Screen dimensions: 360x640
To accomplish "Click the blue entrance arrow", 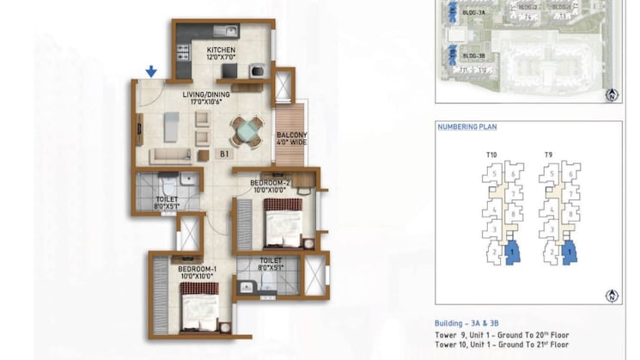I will click(x=151, y=71).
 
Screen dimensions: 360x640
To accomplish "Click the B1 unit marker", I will click(x=223, y=155).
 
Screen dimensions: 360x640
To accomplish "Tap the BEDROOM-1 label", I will click(x=198, y=272).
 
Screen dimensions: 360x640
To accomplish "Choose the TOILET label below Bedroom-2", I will click(x=271, y=264).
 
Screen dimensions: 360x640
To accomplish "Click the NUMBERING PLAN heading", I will click(x=467, y=127).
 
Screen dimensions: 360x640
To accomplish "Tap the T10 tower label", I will click(x=492, y=155).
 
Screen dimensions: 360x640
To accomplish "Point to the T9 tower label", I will click(x=548, y=155).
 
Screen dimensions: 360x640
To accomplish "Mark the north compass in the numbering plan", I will click(x=611, y=295).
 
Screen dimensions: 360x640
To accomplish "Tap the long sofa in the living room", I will click(x=171, y=156).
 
